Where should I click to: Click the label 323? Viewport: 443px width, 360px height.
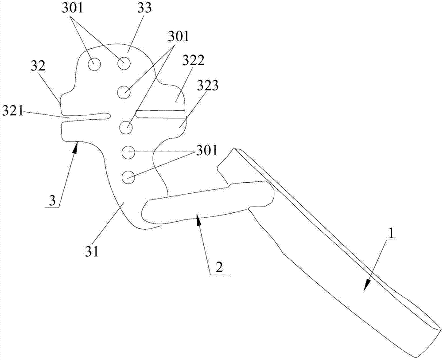tap(207, 86)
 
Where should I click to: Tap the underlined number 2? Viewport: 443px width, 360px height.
tap(218, 267)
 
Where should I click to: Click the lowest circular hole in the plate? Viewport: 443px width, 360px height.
tap(128, 177)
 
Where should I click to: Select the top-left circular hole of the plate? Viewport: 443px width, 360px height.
tap(94, 64)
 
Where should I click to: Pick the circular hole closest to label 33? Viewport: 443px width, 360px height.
tap(124, 64)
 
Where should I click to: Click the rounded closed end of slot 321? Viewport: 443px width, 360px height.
tap(107, 116)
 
